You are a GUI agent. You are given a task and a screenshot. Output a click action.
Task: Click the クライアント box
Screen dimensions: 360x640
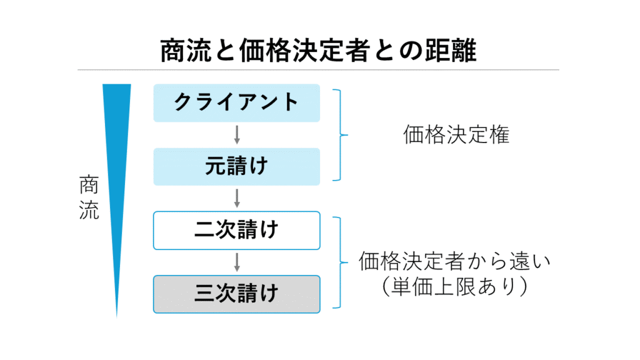pos(236,102)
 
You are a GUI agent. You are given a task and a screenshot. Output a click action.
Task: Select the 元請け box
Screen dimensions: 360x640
pos(236,167)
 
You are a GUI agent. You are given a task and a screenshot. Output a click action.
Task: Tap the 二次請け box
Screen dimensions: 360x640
pos(236,230)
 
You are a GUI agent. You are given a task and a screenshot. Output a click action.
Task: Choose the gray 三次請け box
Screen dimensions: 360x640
pos(236,294)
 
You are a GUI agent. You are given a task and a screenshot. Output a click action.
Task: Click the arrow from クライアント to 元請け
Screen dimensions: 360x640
pos(237,134)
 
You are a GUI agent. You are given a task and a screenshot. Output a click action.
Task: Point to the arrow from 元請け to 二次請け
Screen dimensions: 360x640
pos(237,198)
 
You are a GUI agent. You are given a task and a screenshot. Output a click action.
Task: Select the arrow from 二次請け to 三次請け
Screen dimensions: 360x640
pos(237,262)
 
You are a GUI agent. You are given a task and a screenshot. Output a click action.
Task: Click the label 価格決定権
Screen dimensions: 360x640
pos(456,135)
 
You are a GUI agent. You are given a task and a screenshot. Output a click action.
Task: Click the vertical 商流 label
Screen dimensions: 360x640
pos(89,197)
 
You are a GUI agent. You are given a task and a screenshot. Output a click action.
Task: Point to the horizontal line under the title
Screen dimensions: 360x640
pos(319,69)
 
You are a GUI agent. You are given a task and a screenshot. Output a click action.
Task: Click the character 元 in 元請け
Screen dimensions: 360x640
pos(215,167)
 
